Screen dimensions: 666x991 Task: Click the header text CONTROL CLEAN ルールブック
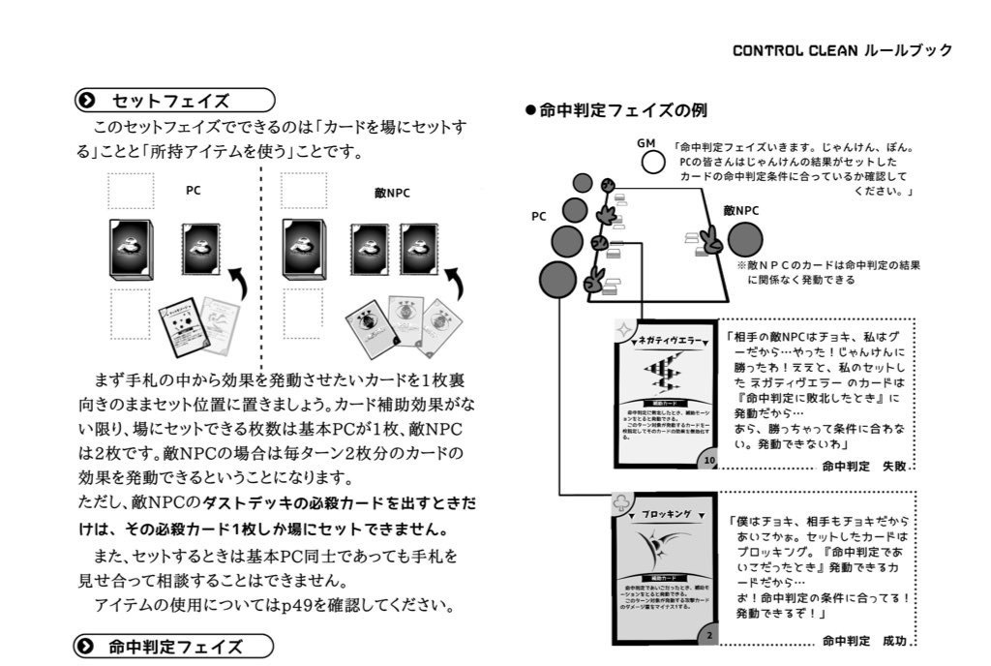click(x=842, y=50)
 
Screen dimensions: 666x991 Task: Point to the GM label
click(x=646, y=143)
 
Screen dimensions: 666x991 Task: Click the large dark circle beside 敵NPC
click(x=745, y=239)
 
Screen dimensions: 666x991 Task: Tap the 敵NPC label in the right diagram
click(x=740, y=210)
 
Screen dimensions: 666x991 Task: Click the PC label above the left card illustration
click(x=194, y=191)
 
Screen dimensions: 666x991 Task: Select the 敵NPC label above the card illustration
click(x=392, y=192)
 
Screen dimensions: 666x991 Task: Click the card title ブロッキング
click(x=666, y=515)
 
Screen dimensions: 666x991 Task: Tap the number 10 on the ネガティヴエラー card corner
click(x=709, y=461)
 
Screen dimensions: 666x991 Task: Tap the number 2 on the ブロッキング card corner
click(x=709, y=635)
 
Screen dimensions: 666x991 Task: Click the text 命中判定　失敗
click(x=863, y=467)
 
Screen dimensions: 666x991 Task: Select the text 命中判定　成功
click(x=865, y=641)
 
